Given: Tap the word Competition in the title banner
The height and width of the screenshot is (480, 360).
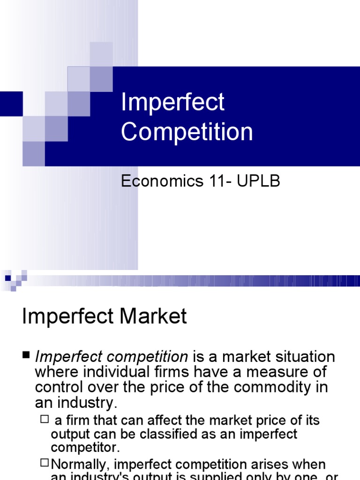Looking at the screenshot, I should coord(187,132).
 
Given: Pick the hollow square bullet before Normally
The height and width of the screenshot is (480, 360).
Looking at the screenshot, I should coord(45,463).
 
